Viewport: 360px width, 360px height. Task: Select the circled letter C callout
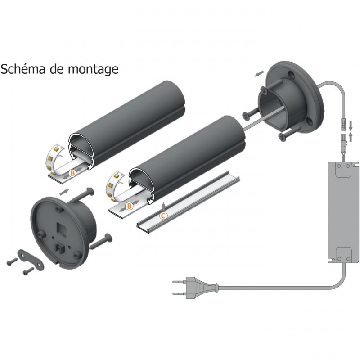pos(164,216)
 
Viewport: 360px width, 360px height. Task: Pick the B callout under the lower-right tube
pos(129,206)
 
